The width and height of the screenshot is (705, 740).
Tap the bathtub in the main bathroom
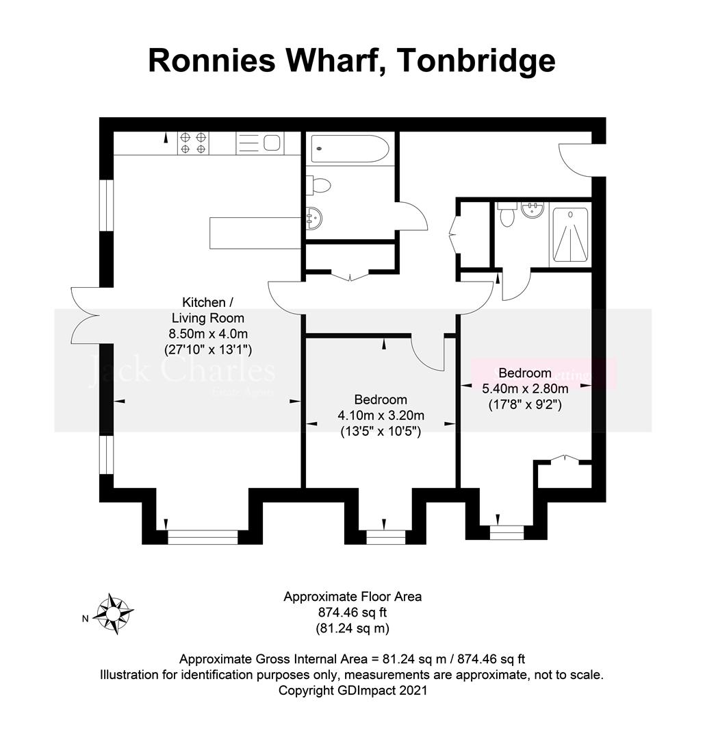[350, 149]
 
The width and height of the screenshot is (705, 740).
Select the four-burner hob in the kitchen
[194, 142]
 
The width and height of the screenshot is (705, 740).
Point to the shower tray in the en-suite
[569, 235]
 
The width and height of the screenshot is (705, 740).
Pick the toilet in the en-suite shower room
[507, 215]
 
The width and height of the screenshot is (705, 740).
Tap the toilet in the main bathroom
[320, 184]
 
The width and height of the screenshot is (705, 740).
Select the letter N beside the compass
[86, 619]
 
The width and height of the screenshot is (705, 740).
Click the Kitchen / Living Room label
[203, 310]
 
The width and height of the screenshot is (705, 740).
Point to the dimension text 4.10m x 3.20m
[381, 415]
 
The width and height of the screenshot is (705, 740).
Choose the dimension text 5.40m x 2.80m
[525, 388]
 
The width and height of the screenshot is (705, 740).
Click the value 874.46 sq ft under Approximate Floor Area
[352, 612]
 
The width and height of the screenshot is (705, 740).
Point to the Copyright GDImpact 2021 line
[352, 691]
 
